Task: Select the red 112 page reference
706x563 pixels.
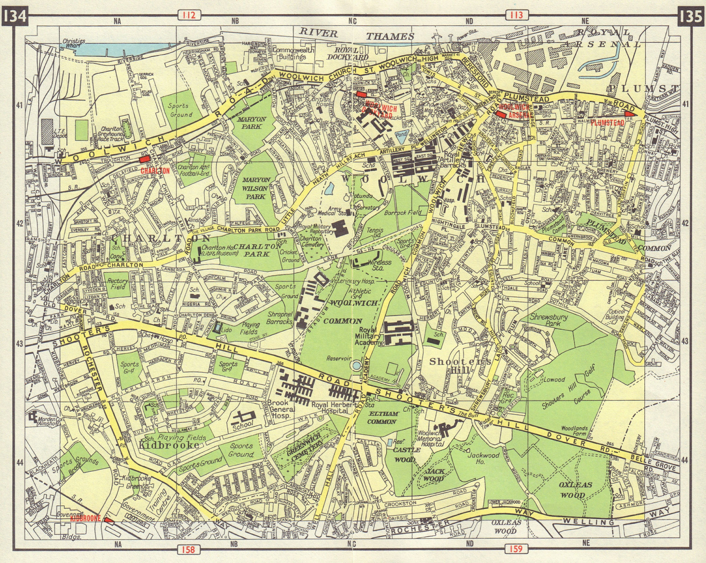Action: point(189,15)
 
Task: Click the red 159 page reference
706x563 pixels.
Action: point(516,548)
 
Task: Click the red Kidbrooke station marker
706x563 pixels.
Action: point(108,519)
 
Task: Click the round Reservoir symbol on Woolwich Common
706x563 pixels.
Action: point(355,365)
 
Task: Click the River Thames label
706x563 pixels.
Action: point(357,34)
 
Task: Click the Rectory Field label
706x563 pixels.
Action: point(118,284)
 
